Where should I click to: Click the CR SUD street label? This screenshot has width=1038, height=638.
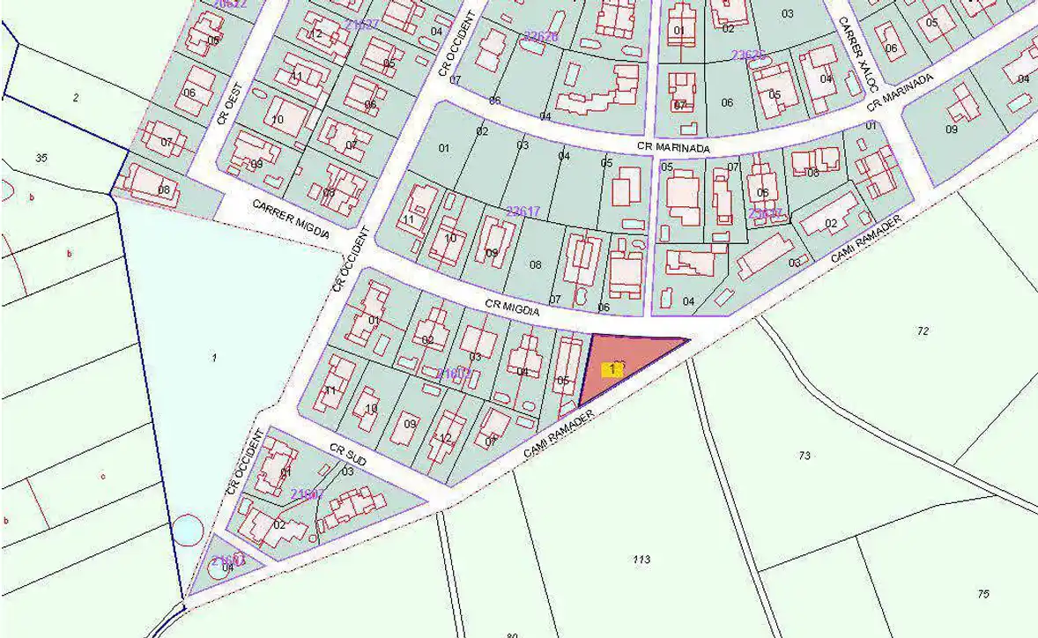(x=348, y=456)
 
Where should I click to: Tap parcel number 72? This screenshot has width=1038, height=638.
(x=923, y=331)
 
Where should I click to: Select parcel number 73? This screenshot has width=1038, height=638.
(x=804, y=456)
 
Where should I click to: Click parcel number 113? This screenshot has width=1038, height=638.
(x=641, y=560)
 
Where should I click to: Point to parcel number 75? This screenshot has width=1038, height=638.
(x=983, y=594)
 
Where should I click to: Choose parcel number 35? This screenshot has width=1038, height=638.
(x=41, y=158)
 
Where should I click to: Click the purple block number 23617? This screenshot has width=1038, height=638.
(x=523, y=211)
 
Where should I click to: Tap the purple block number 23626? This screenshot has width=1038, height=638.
(x=540, y=37)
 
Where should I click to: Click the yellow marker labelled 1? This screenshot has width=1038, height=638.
(x=612, y=370)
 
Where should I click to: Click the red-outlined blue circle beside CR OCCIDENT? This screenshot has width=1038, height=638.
(x=187, y=530)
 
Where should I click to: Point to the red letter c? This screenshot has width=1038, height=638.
(x=103, y=477)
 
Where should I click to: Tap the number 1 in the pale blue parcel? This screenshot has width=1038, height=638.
(x=214, y=357)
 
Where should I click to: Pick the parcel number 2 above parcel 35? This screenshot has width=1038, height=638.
(x=76, y=97)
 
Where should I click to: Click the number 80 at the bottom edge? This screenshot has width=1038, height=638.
(x=513, y=634)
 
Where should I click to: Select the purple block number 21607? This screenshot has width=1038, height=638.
(x=308, y=494)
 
